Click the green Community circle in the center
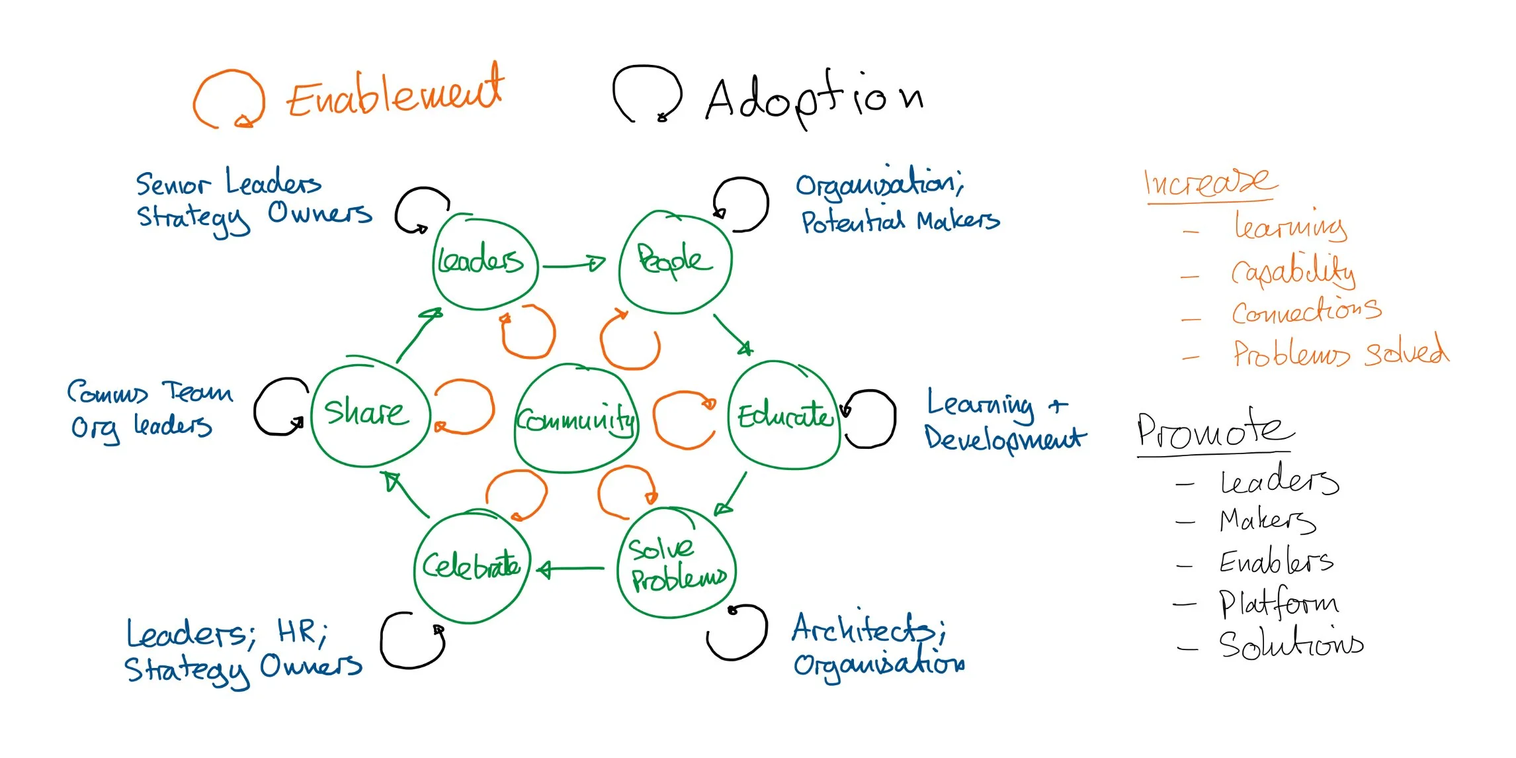[x=575, y=418]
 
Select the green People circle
[x=675, y=261]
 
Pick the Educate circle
[x=784, y=416]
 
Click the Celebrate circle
[x=472, y=567]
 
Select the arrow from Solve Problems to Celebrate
[x=570, y=568]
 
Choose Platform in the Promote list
[x=1279, y=602]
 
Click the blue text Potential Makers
[x=900, y=220]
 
